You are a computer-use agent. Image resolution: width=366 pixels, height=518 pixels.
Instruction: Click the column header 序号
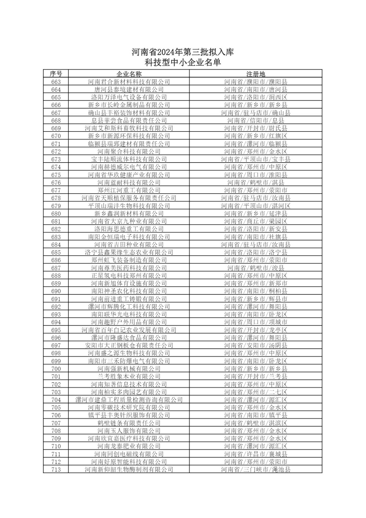56,74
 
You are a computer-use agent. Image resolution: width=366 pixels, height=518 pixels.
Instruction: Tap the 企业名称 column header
129,74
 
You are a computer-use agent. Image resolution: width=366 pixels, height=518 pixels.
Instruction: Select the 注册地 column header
256,74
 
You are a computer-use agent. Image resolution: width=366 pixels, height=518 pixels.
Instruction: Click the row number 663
56,82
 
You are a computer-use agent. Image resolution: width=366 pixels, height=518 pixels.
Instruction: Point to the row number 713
56,469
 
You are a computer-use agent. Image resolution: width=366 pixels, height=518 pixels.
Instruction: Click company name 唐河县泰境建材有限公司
129,90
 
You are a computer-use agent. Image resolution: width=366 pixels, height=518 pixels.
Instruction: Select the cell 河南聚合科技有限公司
129,152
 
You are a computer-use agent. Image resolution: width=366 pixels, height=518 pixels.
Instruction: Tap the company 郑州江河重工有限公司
129,190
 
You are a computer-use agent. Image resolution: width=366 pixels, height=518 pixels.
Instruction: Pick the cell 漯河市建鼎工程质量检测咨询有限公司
129,400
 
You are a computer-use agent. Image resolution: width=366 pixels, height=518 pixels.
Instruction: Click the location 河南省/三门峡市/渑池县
256,469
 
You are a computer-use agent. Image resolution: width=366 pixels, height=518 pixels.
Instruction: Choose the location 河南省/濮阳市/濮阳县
256,82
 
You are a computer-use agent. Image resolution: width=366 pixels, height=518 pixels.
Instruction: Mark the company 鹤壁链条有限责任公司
129,423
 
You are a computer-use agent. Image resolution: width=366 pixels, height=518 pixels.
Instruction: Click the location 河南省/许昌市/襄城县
256,454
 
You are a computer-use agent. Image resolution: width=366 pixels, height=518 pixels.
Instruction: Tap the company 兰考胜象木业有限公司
129,377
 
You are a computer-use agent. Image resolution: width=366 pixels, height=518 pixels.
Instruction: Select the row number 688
56,276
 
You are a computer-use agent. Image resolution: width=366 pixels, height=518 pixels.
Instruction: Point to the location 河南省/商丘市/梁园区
256,221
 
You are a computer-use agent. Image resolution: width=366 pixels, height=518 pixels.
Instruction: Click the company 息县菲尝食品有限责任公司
129,120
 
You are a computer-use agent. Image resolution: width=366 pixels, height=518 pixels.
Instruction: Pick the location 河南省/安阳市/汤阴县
256,345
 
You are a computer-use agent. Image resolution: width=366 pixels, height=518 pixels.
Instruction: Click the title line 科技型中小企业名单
183,62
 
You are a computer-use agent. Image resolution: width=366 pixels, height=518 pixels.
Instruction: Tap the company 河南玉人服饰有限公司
129,431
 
